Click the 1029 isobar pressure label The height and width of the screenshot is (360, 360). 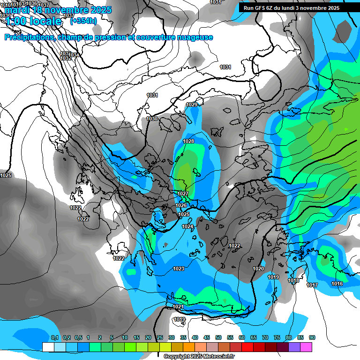coord(192,105)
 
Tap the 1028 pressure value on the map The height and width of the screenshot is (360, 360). coord(188,141)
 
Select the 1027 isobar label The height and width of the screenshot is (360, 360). coord(183,194)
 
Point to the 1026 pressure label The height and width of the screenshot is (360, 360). coord(181,205)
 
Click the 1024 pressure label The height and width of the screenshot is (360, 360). coord(187,226)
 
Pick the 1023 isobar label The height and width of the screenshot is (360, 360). coord(178,269)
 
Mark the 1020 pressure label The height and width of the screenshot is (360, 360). coord(258,269)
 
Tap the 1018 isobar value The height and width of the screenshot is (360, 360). coord(293,280)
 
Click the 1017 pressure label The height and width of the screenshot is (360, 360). coord(312,285)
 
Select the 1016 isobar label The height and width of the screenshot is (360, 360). coord(337,284)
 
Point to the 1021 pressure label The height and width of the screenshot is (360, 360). coord(178,307)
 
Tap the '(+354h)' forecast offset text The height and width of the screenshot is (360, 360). coord(83,21)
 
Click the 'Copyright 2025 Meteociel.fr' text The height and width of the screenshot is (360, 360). coord(199,357)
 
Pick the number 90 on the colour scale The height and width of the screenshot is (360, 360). coord(312,337)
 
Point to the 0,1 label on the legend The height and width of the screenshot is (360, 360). coord(54,337)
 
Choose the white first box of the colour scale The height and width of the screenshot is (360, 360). coord(48,347)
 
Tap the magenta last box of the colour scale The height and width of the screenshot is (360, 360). coord(306,347)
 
